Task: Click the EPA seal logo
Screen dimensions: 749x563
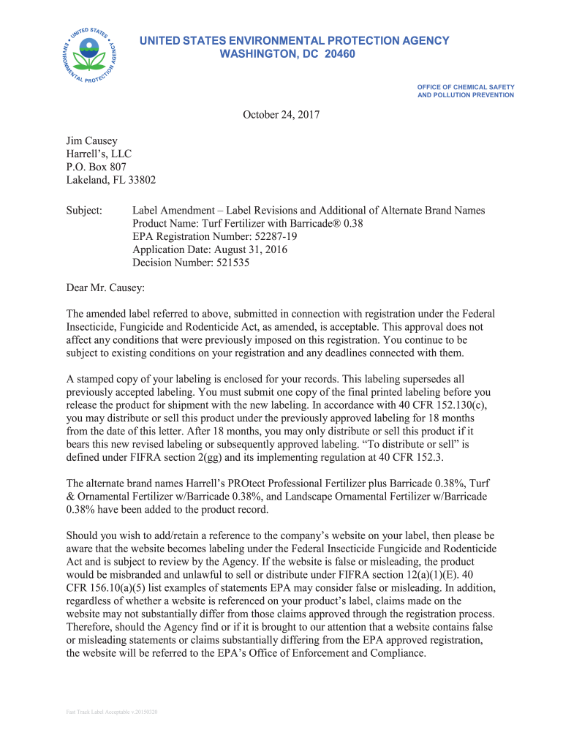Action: (89, 55)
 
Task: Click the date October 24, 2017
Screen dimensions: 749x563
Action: (281, 115)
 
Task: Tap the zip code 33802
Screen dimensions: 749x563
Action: (139, 180)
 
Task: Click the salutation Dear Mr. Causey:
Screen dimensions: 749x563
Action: (105, 288)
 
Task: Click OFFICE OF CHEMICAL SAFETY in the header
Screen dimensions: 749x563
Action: (466, 87)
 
